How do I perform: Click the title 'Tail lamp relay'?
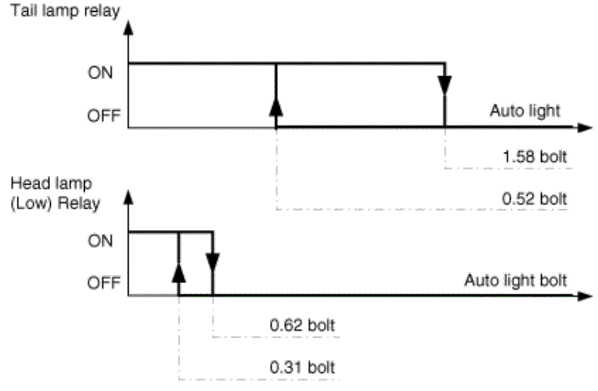pos(65,11)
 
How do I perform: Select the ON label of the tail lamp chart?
pos(100,72)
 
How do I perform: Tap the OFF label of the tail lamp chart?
pos(104,115)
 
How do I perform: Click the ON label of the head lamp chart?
pos(100,241)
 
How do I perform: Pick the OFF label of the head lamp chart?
pos(104,283)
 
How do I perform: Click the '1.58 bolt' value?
pos(535,157)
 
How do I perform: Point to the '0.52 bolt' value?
pos(534,198)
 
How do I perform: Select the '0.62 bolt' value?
pos(302,325)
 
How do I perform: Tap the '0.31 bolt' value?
pos(302,367)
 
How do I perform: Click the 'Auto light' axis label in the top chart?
pos(525,111)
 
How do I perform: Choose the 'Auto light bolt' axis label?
pos(515,281)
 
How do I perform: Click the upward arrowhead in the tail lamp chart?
pos(276,107)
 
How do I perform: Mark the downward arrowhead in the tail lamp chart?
pos(444,85)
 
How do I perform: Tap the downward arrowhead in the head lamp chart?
pos(212,262)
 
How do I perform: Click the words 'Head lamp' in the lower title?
pos(51,184)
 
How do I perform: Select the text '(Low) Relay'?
pos(55,203)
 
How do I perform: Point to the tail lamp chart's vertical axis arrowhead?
pos(129,28)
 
